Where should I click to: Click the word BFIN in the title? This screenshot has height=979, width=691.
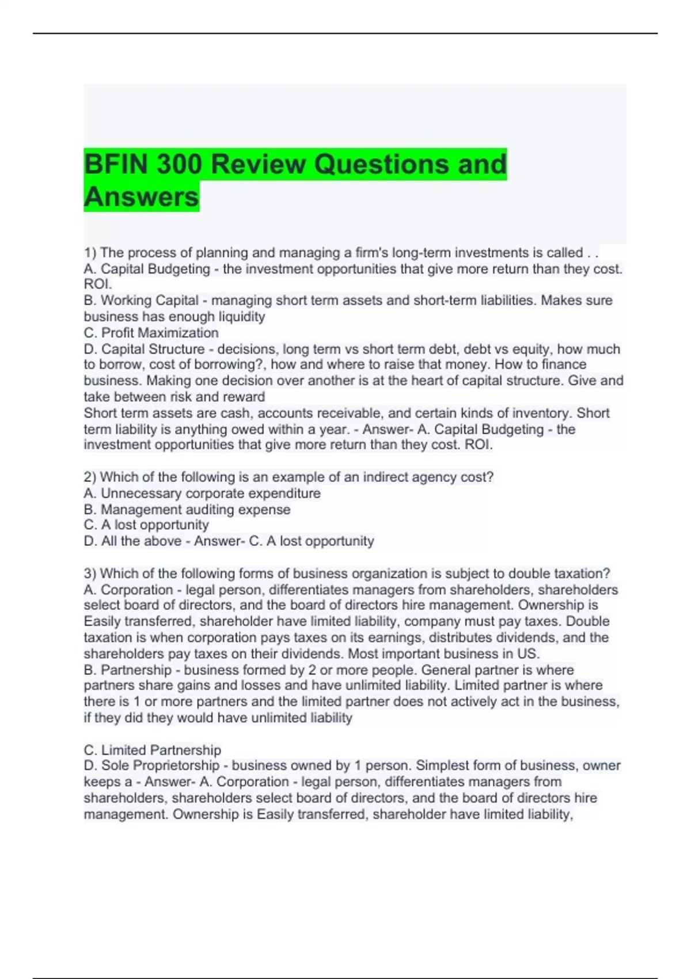[115, 164]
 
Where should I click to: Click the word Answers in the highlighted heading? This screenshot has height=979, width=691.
[141, 196]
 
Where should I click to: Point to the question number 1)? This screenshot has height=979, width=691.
[90, 253]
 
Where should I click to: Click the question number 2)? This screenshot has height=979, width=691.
[90, 477]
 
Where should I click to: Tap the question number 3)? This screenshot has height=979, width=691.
[90, 574]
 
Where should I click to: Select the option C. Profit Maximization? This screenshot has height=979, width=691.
[151, 333]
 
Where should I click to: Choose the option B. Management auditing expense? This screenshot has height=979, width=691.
[187, 510]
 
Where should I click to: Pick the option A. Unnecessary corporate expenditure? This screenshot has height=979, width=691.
[202, 494]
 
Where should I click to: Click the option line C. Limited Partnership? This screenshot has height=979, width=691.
[153, 750]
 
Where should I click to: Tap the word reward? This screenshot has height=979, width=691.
[246, 397]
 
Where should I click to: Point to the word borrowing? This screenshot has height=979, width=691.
[236, 365]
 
